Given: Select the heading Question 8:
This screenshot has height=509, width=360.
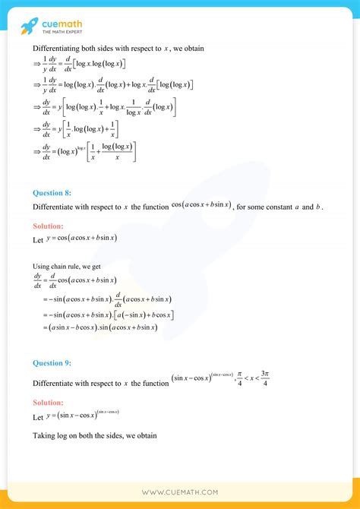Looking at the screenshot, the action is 52,193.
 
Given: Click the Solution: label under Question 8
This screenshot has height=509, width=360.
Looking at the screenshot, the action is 49,226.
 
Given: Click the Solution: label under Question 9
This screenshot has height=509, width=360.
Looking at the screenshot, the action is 49,402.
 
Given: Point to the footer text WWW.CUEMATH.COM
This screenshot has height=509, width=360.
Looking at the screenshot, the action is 180,492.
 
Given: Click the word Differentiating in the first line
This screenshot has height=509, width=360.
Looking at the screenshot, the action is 55,49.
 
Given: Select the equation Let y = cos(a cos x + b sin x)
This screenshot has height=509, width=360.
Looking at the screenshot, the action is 75,239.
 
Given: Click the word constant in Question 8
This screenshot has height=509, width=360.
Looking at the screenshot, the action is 271,207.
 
